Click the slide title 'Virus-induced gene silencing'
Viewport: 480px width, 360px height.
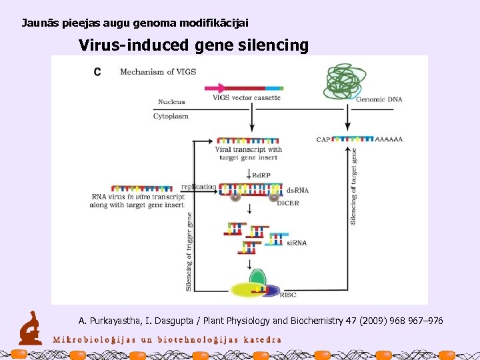click(193, 45)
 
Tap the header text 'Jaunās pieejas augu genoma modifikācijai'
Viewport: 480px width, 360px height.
click(135, 23)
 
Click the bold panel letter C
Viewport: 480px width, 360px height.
click(97, 72)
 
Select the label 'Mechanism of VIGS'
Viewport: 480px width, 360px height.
click(158, 72)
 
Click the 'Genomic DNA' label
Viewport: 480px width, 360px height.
click(379, 99)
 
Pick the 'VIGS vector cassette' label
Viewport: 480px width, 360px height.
click(247, 97)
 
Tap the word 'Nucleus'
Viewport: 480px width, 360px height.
click(171, 102)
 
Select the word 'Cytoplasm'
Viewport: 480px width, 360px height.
click(171, 116)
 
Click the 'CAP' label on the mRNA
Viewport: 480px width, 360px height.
click(323, 139)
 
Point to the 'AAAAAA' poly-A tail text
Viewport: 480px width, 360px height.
click(389, 139)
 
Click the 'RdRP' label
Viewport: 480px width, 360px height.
click(261, 175)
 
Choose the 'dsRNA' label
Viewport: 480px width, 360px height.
click(297, 189)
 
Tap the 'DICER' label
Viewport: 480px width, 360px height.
click(288, 203)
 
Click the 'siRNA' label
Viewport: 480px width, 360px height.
click(297, 243)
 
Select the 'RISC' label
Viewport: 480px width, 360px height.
click(288, 294)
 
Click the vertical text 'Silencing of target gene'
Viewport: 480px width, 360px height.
click(353, 186)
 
